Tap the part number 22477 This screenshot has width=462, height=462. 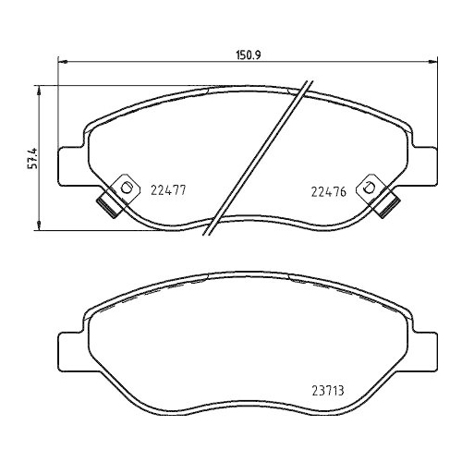pyautogui.click(x=168, y=191)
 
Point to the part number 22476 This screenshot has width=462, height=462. pyautogui.click(x=326, y=191)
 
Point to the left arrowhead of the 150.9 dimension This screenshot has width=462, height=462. pyautogui.click(x=63, y=63)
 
